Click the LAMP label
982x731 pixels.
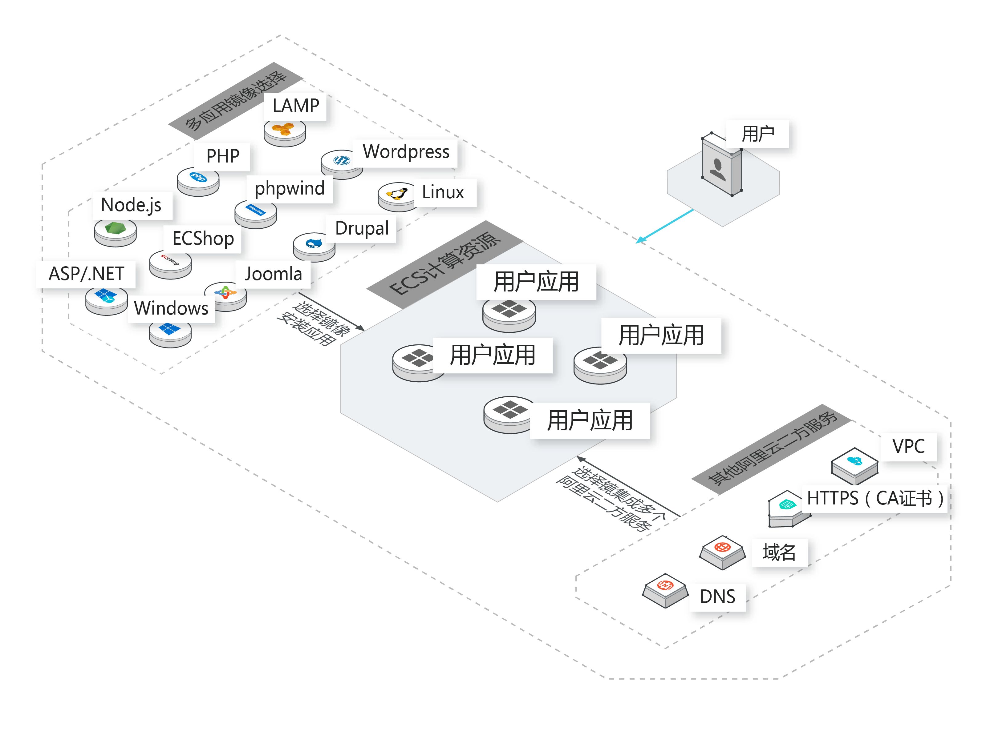click(x=295, y=106)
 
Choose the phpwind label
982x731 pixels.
click(x=290, y=188)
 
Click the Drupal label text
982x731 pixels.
click(x=361, y=228)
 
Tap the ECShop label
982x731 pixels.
click(x=203, y=239)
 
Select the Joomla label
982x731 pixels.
click(x=273, y=274)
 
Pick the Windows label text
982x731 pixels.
click(x=171, y=308)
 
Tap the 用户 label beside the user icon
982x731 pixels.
click(x=757, y=134)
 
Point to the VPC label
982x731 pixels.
click(x=908, y=446)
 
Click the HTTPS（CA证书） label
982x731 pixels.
click(x=874, y=498)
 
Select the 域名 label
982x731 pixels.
click(x=779, y=552)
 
